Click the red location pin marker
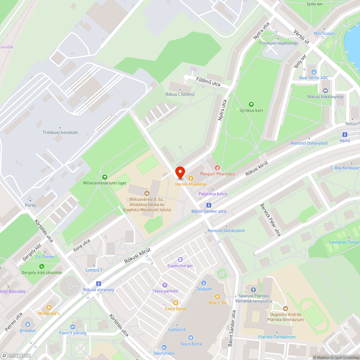click(x=180, y=172)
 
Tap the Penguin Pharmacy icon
click(x=217, y=168)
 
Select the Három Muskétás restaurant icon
click(x=190, y=178)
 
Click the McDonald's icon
click(x=49, y=307)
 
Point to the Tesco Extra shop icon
click(x=191, y=338)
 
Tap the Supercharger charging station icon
click(x=180, y=260)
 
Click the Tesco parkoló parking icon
click(x=165, y=285)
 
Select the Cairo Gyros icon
click(x=176, y=303)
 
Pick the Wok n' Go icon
click(x=217, y=297)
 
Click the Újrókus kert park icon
click(x=251, y=104)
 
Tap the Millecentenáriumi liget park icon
click(x=104, y=177)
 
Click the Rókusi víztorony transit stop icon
click(x=99, y=284)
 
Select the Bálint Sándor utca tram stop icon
click(x=208, y=205)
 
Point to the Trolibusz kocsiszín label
click(x=60, y=132)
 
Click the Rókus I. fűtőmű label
click(x=180, y=94)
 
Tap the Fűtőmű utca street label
click(x=208, y=81)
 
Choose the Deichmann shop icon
click(x=165, y=347)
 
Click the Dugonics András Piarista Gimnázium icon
click(x=285, y=308)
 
